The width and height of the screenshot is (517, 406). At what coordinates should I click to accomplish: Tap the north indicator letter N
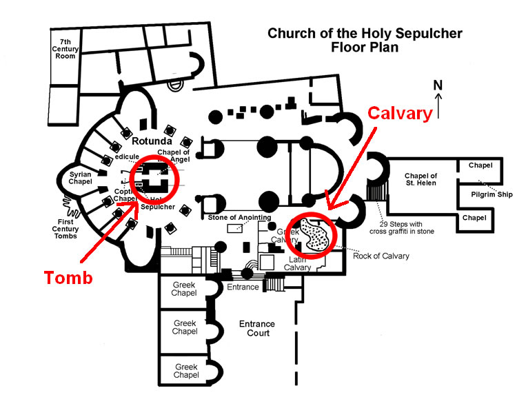(437, 85)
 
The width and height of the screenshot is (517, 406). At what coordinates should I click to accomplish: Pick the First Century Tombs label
(71, 227)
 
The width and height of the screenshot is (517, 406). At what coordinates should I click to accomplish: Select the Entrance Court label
(256, 328)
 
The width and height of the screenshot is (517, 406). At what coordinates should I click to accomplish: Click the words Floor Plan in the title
(365, 48)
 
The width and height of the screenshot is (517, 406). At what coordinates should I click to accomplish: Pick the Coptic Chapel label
(125, 194)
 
